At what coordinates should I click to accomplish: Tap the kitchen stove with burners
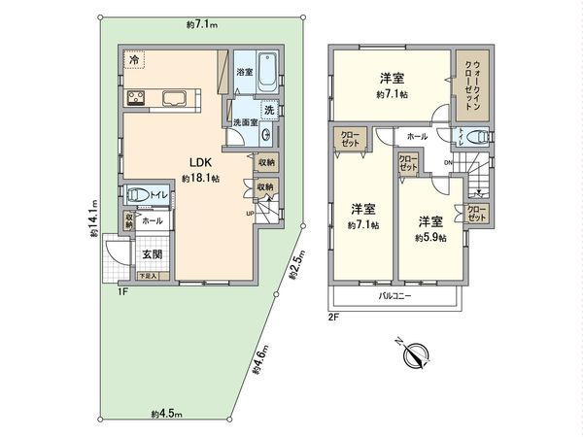(x=134, y=97)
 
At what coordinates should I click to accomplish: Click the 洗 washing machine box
(x=270, y=110)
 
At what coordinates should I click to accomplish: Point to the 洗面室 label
(x=244, y=122)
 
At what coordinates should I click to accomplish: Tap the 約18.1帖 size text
(x=200, y=179)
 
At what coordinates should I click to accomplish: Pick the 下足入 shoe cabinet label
(x=147, y=277)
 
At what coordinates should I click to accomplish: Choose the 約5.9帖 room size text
(x=430, y=237)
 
